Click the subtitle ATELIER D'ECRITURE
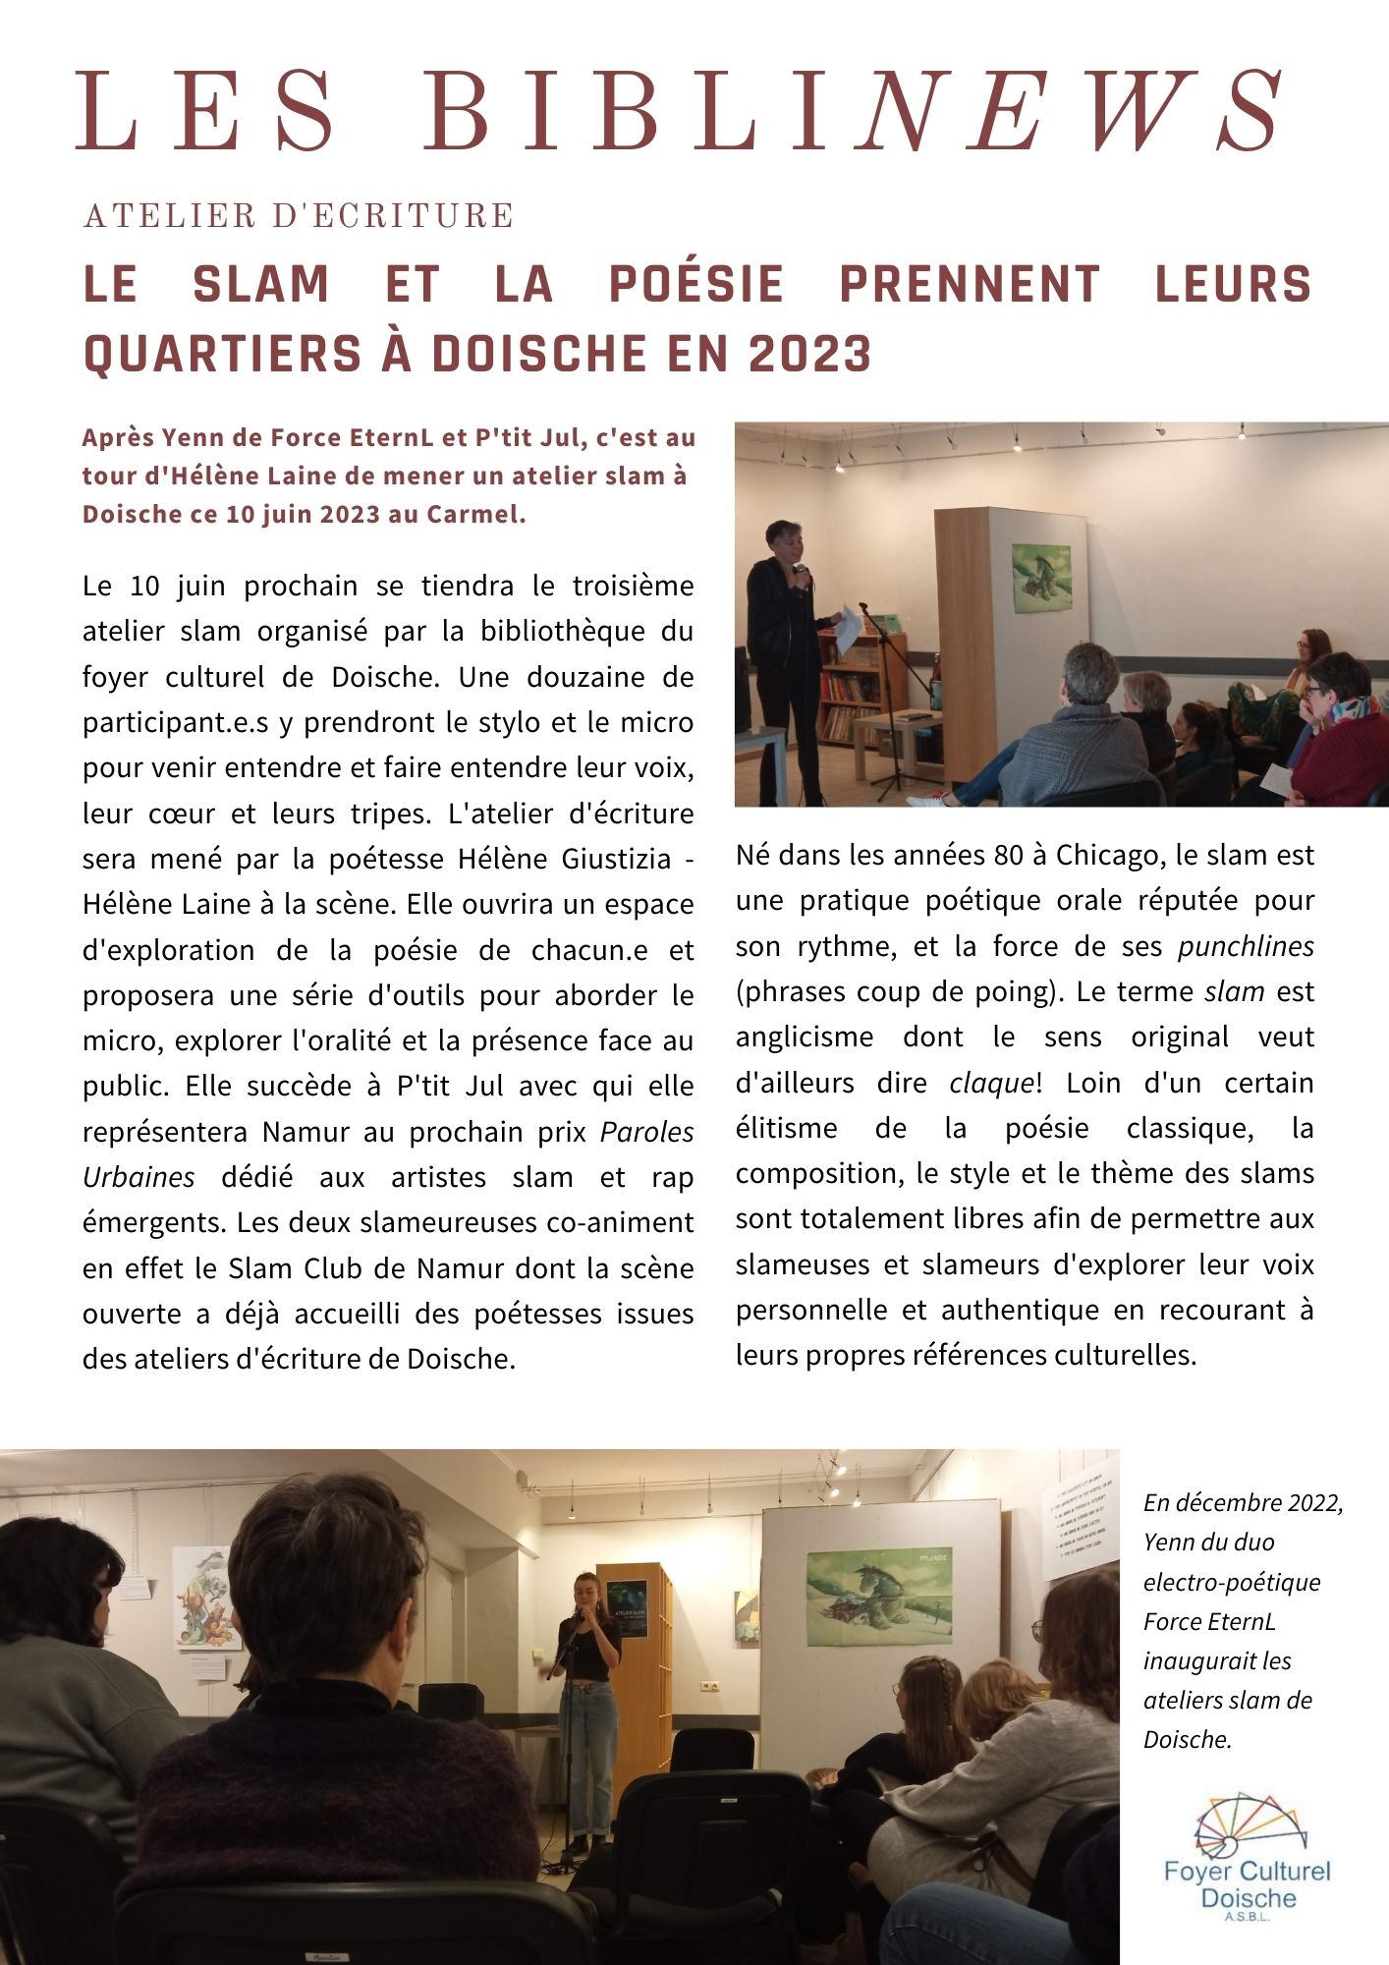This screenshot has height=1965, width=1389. click(x=299, y=215)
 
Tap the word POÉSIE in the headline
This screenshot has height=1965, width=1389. click(x=696, y=285)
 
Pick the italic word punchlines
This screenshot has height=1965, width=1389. click(x=1246, y=946)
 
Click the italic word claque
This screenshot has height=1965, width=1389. click(x=991, y=1083)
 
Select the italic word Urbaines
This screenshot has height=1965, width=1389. click(x=139, y=1177)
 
